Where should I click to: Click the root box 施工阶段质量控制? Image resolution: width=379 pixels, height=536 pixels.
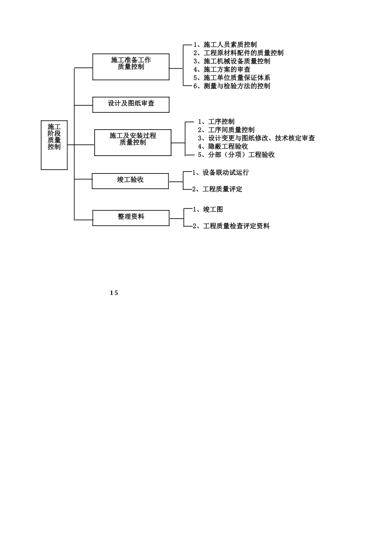(x=54, y=145)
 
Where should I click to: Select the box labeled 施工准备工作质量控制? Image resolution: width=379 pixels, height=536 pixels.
(x=131, y=67)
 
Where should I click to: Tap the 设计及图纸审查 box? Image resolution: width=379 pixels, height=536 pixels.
(x=131, y=104)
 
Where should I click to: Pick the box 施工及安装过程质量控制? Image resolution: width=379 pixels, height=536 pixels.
(x=133, y=142)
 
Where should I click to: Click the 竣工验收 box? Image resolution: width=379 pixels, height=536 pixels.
(x=130, y=181)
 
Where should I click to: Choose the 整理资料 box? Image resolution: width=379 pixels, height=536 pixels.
(x=131, y=218)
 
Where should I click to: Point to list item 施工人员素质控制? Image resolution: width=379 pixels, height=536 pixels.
(x=230, y=45)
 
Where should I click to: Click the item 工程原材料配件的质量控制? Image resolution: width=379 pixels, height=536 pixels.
(x=243, y=53)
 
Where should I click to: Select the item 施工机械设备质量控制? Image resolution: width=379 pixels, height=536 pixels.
(x=237, y=61)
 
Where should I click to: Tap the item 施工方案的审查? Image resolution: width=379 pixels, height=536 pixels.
(x=227, y=70)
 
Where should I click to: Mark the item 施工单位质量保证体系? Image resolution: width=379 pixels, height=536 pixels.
(x=237, y=78)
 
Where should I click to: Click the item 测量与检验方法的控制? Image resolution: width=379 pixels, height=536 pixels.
(x=237, y=86)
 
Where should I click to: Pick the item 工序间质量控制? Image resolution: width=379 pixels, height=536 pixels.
(x=231, y=130)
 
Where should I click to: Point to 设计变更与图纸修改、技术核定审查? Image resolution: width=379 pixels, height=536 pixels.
(x=261, y=138)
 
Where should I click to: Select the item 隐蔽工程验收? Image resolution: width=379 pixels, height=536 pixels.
(x=228, y=147)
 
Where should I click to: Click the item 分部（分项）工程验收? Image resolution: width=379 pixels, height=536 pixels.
(x=241, y=155)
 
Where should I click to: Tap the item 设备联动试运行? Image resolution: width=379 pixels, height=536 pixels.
(x=225, y=173)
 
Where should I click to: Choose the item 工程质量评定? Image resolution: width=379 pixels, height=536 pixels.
(x=222, y=189)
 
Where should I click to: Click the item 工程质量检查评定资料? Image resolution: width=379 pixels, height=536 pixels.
(x=236, y=226)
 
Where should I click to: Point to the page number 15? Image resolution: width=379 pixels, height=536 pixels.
(x=114, y=293)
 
